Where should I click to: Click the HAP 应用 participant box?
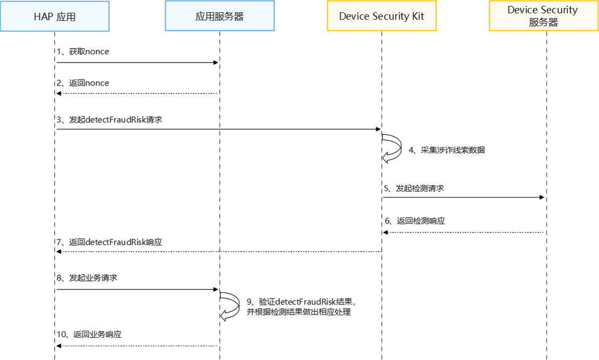pos(55,16)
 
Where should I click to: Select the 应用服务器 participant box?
pos(219,16)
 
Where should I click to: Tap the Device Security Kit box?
pos(381,16)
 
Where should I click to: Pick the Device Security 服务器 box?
pos(543,16)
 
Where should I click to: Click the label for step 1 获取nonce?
pos(83,52)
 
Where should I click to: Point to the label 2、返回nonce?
pos(83,83)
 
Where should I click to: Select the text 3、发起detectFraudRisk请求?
pos(109,119)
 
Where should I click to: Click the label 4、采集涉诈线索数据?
pos(446,150)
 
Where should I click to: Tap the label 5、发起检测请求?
pos(414,188)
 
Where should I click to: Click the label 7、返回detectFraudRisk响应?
pos(109,242)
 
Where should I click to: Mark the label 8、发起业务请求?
pos(87,278)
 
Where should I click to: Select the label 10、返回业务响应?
pos(89,335)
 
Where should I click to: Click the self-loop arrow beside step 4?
pos(393,148)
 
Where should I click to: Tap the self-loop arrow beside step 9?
pos(232,306)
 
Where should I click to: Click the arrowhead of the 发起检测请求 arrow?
pos(542,198)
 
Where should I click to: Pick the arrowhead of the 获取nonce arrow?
pos(216,63)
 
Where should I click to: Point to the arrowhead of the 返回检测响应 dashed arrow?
pos(386,232)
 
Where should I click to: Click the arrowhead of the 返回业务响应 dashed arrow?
pos(59,346)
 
